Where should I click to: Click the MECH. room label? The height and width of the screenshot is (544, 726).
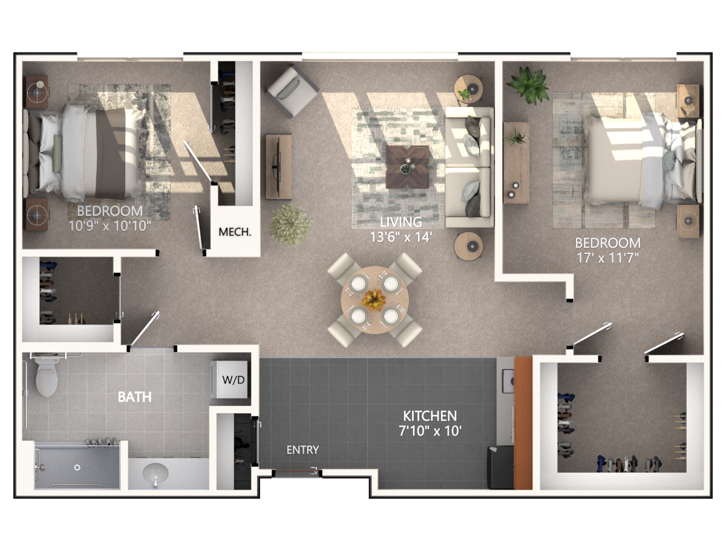click(235, 232)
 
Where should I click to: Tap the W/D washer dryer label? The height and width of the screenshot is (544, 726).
click(234, 380)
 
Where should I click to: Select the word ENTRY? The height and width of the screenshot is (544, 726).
click(302, 450)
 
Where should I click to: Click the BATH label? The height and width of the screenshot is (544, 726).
click(135, 397)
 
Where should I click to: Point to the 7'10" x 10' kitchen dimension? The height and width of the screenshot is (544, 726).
click(430, 431)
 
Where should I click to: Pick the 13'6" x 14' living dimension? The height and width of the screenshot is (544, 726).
click(401, 237)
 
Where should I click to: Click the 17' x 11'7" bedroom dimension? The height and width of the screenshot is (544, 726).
click(607, 258)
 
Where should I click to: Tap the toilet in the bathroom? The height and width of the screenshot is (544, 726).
click(47, 376)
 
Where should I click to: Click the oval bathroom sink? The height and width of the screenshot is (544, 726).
click(155, 473)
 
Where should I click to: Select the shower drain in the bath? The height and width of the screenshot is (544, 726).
click(77, 467)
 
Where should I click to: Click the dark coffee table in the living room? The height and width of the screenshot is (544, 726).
click(407, 167)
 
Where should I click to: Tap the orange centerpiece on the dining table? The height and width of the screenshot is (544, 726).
click(374, 300)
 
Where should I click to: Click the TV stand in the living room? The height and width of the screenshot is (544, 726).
click(278, 167)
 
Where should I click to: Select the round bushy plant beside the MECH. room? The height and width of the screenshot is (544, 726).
click(290, 225)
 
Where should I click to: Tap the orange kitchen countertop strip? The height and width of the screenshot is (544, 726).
click(523, 423)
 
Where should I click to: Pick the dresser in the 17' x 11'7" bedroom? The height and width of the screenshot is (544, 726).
click(516, 163)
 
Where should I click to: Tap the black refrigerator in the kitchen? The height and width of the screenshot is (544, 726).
click(500, 467)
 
